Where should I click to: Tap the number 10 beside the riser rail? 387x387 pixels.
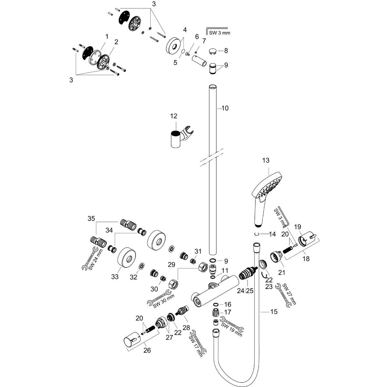coord(225,108)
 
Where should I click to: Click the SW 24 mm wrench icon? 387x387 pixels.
coord(91,258)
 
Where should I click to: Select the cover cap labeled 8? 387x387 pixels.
coord(213,51)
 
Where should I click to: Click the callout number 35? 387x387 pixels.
coord(91,219)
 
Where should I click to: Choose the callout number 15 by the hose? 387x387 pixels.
coord(274,312)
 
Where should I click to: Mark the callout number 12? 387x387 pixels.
coord(174,116)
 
